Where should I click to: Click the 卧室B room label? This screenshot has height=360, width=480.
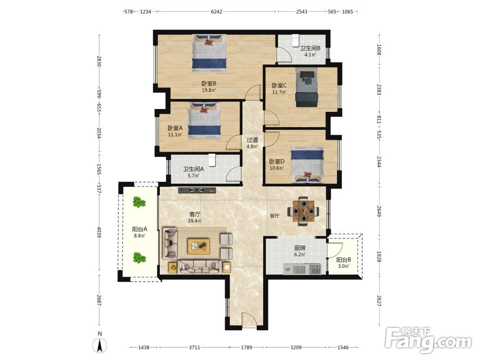(x=209, y=83)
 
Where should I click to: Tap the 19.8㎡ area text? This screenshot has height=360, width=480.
(x=209, y=90)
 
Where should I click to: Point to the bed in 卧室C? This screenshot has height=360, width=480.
(x=307, y=87)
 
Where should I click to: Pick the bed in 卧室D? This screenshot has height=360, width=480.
(x=307, y=165)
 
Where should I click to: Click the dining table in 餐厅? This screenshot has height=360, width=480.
(x=303, y=211)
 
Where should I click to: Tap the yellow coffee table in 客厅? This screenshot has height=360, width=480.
(x=199, y=246)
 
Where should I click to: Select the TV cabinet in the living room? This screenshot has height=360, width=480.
(x=197, y=190)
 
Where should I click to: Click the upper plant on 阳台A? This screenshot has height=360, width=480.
(x=139, y=202)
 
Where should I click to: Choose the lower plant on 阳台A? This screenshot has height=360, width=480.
(x=139, y=258)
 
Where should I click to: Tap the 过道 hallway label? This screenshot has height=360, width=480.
(x=252, y=140)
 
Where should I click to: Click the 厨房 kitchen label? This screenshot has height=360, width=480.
(x=300, y=248)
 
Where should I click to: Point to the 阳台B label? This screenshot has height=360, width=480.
(x=344, y=260)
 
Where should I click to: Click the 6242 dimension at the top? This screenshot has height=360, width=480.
(x=216, y=12)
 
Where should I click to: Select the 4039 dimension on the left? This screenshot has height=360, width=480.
(x=99, y=232)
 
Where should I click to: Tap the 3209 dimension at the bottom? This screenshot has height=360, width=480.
(x=296, y=348)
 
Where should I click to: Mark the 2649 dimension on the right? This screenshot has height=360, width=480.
(x=379, y=212)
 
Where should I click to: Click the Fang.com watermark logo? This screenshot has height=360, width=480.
(x=428, y=340)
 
